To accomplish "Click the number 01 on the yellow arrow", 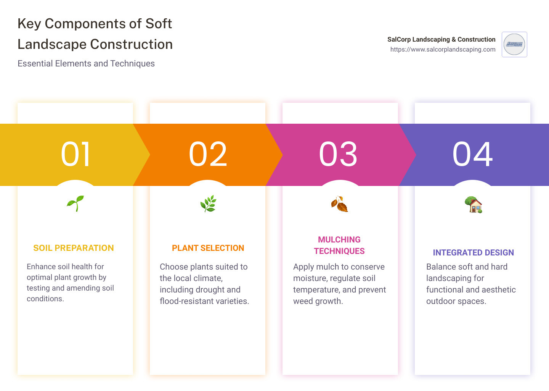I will click(x=76, y=154).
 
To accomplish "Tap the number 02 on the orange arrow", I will click(x=208, y=154).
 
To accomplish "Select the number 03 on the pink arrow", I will click(x=338, y=154).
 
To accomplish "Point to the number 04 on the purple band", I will click(x=472, y=154).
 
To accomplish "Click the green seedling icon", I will click(x=75, y=203).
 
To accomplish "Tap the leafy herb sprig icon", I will click(x=208, y=204).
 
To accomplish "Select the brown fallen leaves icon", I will click(x=339, y=204).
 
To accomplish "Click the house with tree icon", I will click(x=473, y=205).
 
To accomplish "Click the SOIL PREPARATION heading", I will click(x=74, y=248).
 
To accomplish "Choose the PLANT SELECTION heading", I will click(x=208, y=248).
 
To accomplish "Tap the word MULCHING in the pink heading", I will click(x=339, y=240).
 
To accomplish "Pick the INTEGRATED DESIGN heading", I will click(x=473, y=253).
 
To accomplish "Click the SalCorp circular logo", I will click(x=514, y=44).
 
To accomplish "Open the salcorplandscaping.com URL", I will click(x=443, y=50).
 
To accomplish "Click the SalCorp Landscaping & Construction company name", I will click(x=441, y=39).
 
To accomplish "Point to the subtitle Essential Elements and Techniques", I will click(x=86, y=64).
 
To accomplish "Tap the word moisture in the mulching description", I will click(x=310, y=278).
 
